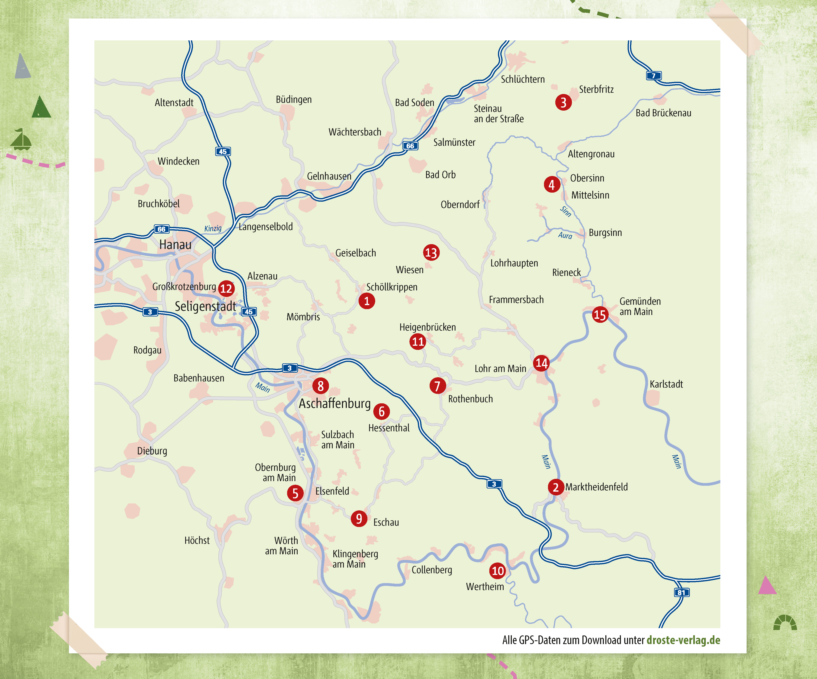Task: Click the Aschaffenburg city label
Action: [335, 404]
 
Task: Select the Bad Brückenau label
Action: [663, 113]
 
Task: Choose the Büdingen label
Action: [294, 100]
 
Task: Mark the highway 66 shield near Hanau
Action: [161, 229]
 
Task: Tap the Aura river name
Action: [565, 236]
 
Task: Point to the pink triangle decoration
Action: [767, 586]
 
